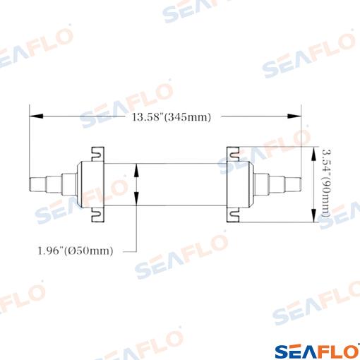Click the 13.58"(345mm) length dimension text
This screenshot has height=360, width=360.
coord(171,117)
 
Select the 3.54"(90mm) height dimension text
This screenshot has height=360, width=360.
coord(326,183)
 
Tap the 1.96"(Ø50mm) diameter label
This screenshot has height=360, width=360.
coord(76,251)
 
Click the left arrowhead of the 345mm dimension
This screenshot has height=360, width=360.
coord(36,116)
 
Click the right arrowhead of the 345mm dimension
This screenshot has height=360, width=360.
coord(294,116)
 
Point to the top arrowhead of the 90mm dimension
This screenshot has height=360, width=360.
coord(313,154)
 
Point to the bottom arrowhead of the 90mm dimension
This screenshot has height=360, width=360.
coord(313,215)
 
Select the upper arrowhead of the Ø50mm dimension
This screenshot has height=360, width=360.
coord(136,170)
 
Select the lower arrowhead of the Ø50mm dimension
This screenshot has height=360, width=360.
coord(136,198)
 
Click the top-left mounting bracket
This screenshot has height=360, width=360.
coord(97,154)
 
